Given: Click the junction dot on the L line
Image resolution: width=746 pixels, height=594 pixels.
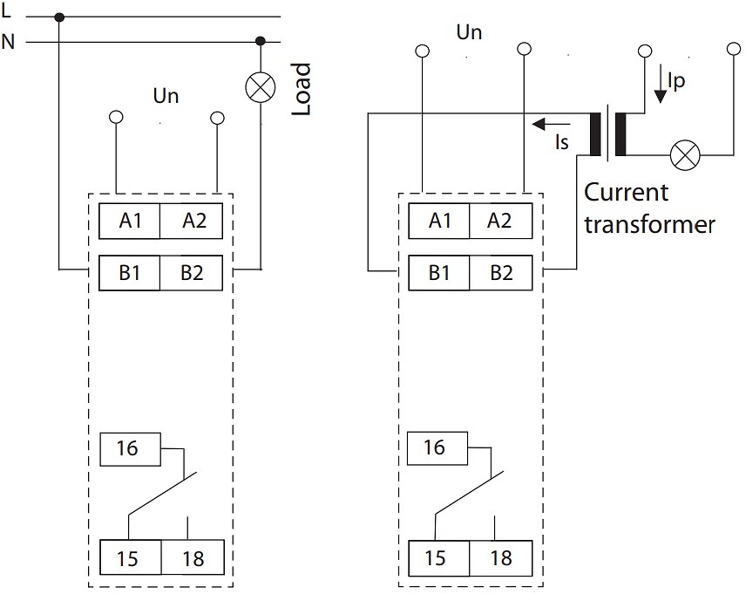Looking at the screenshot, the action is coord(59,17).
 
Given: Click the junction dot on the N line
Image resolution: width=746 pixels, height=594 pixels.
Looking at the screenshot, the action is coord(261,41).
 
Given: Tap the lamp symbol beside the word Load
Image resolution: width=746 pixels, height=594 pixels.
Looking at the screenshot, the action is coord(261,87).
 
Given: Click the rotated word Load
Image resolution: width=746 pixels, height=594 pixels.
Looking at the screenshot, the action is coord(302,89).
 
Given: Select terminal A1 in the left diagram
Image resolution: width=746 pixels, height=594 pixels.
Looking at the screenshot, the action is coord(129,221).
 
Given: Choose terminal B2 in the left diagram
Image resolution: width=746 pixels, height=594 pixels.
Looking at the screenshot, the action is coord(191,273).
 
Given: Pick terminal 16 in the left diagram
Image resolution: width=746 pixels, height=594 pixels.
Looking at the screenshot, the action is coord(130,448).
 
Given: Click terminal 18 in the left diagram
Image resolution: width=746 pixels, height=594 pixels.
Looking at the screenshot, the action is coord(193,557).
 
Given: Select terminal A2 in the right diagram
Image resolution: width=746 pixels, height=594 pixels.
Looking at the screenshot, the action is coord(500,221).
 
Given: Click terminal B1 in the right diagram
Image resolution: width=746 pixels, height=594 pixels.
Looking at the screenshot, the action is coord(438,273).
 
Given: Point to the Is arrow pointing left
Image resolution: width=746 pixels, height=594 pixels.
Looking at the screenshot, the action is coord(551,125).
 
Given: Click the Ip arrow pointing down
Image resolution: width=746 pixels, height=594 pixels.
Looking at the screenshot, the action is coord(660,85).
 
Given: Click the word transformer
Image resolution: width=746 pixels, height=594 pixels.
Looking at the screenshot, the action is coord(649,225).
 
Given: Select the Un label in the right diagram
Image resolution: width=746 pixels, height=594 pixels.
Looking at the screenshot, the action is coord(469,32).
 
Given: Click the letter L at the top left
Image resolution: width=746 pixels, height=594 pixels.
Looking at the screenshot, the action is coord(6,10).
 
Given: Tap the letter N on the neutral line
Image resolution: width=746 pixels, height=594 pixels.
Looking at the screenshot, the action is coord(8,42).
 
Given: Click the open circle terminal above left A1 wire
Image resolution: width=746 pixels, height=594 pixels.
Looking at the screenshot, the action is coord(116,117).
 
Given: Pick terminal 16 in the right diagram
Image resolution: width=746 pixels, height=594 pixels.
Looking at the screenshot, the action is coord(437,448).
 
